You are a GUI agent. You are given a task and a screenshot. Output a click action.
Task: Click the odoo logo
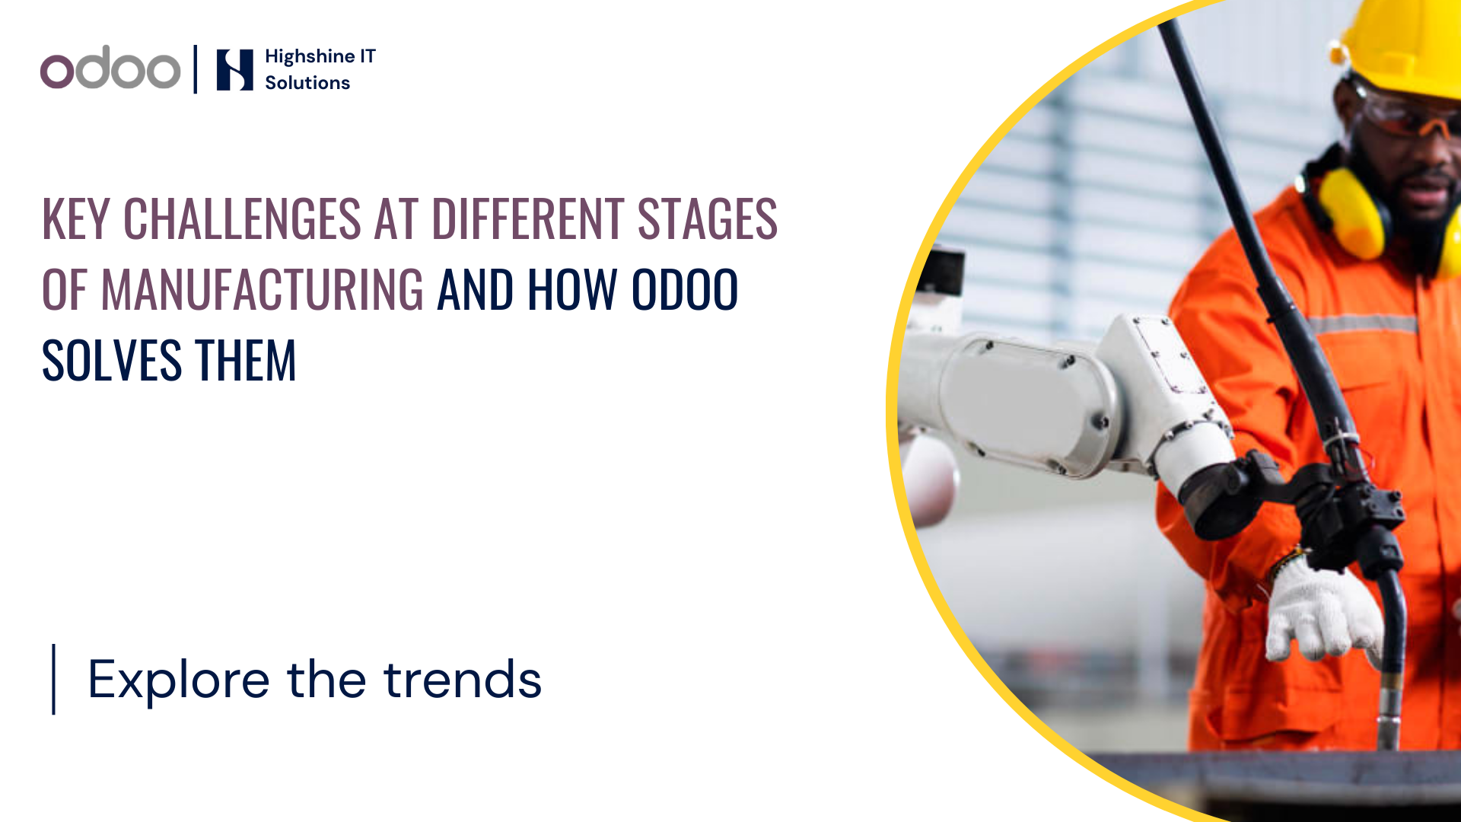point(110,68)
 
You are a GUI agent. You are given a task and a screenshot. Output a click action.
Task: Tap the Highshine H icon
point(234,70)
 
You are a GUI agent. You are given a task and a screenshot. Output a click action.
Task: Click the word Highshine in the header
point(310,57)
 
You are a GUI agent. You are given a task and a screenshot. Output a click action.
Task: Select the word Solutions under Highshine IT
point(307,83)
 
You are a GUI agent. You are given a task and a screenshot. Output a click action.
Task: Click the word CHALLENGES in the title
point(242,219)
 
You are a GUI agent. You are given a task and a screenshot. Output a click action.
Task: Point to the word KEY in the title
point(75,219)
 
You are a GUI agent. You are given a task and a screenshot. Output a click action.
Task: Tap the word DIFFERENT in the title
point(528,219)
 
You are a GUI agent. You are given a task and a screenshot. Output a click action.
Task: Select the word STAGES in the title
point(707,219)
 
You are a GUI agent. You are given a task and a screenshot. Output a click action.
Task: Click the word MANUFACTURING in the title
point(262,290)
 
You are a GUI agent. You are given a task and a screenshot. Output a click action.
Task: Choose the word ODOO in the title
point(685,290)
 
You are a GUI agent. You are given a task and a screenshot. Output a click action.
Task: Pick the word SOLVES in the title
point(111,361)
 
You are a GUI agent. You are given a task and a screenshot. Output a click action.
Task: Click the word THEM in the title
point(245,361)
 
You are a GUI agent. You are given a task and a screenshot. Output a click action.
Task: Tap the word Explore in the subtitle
point(179,680)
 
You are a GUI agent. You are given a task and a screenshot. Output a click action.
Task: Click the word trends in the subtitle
point(463,680)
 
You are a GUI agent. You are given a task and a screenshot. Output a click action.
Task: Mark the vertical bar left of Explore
point(53,679)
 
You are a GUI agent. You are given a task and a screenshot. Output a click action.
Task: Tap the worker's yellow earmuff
point(1351,213)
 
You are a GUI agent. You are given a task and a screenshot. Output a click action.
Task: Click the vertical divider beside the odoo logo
point(196,69)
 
